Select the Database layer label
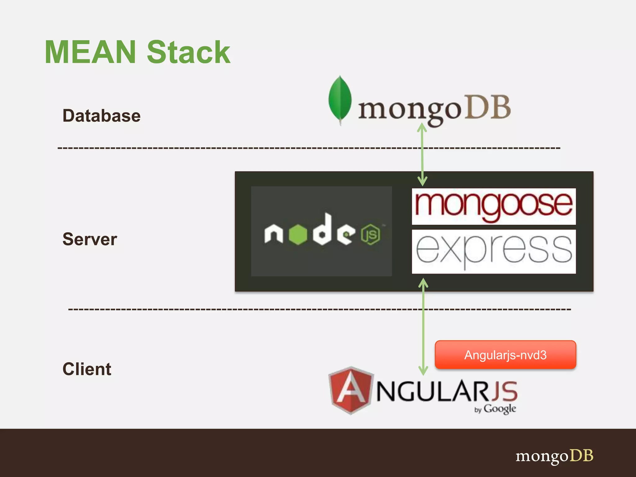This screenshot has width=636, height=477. (x=102, y=116)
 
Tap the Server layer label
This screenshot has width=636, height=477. (x=90, y=239)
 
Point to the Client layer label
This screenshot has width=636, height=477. (x=87, y=369)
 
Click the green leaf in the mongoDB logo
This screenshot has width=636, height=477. (x=340, y=99)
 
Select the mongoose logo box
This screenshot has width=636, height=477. (x=493, y=206)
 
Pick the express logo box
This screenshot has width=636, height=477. (x=493, y=252)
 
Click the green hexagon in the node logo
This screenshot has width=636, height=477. (x=298, y=234)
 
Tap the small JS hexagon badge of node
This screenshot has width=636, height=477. (x=370, y=234)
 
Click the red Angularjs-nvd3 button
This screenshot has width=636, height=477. (x=505, y=355)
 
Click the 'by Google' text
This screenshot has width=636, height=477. (x=495, y=409)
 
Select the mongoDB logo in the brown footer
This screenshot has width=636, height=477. (x=554, y=456)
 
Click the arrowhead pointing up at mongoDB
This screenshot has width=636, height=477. (x=422, y=127)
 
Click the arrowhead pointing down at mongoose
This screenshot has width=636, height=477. (x=422, y=181)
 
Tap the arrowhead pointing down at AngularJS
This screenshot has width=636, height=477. (x=423, y=370)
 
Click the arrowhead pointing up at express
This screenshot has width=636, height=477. (x=423, y=283)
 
